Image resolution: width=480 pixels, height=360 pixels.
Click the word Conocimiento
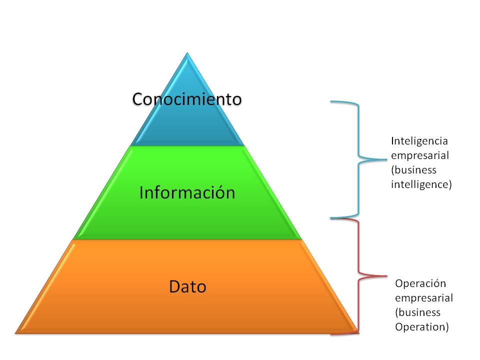[187, 99]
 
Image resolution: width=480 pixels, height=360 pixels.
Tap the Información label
[187, 192]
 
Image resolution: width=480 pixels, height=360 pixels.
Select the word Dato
[187, 287]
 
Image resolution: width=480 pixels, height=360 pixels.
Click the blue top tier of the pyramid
[187, 125]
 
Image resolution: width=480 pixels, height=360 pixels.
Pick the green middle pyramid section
[187, 215]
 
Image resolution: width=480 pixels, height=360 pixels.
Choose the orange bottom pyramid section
[187, 310]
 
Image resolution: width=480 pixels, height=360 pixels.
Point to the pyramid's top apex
[187, 53]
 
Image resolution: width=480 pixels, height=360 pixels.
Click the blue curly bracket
[358, 160]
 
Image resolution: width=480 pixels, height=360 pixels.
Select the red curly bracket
[358, 275]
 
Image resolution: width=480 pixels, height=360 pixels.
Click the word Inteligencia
[419, 140]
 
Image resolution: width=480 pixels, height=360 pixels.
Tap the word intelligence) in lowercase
[421, 184]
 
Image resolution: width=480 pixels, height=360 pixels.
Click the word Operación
[420, 283]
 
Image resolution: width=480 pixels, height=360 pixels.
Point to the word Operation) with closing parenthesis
[422, 327]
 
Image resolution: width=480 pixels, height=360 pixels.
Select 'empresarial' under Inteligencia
[420, 155]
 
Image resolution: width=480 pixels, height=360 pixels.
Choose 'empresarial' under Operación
[424, 298]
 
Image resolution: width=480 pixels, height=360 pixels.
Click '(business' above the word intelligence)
[413, 169]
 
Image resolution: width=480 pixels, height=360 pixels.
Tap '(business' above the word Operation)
[417, 312]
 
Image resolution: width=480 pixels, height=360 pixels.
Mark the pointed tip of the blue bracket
[386, 160]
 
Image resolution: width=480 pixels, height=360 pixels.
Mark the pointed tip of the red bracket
[386, 275]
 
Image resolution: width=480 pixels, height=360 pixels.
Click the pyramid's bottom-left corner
[16, 332]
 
